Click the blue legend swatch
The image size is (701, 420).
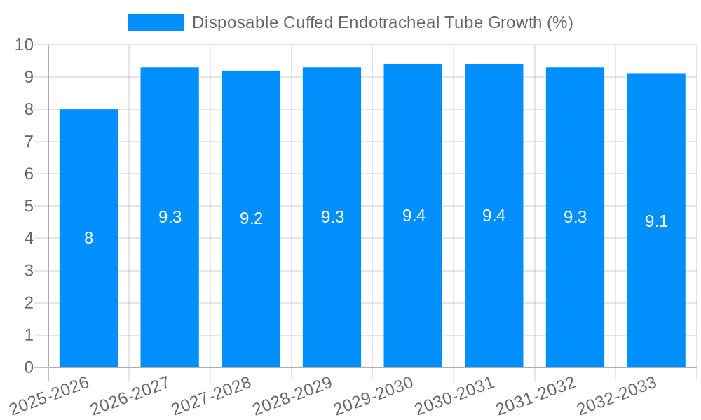tap(155, 22)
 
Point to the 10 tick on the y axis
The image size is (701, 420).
tap(25, 45)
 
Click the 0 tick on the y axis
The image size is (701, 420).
tap(29, 367)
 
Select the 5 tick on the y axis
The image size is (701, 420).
tap(29, 206)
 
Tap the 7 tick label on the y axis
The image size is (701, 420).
tap(29, 141)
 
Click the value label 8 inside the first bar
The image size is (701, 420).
tap(88, 238)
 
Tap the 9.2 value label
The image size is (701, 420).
tap(251, 218)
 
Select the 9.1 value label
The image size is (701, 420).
tap(656, 221)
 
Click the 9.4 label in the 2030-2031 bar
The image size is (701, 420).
tap(494, 216)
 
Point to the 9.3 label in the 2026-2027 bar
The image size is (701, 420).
tap(170, 217)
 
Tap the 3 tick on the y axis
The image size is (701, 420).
tap(29, 271)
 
